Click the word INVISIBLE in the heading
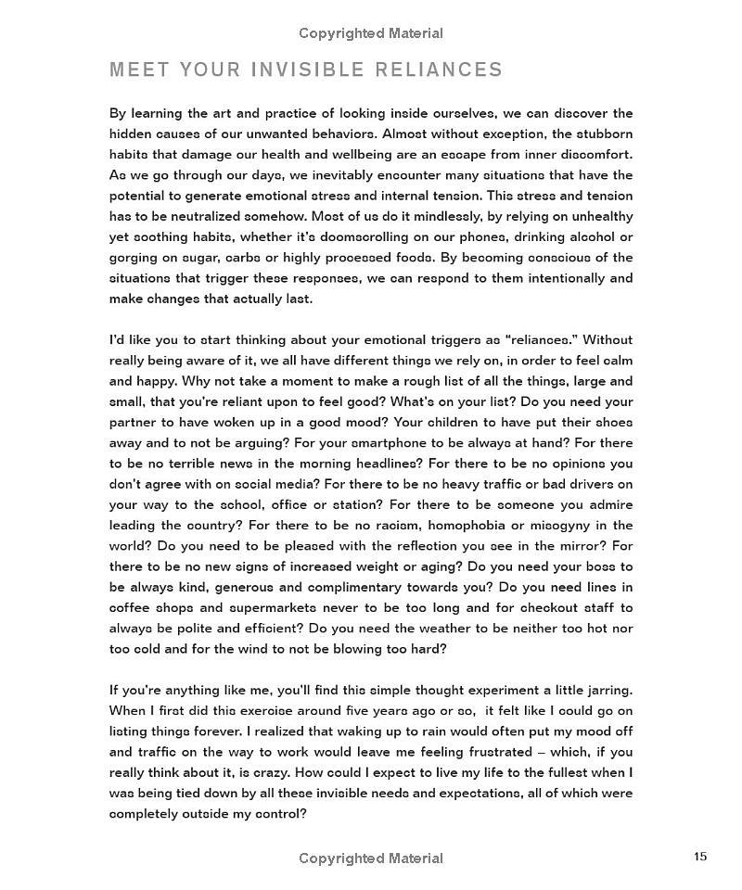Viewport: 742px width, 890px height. (x=300, y=70)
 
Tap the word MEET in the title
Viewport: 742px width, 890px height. (x=138, y=70)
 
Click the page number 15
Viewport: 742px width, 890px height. (x=700, y=856)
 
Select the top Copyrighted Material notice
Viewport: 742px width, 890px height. (x=371, y=33)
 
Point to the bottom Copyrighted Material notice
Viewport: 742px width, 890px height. (x=371, y=858)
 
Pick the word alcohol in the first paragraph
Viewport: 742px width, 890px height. (x=582, y=236)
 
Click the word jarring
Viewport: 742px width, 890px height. (x=608, y=691)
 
